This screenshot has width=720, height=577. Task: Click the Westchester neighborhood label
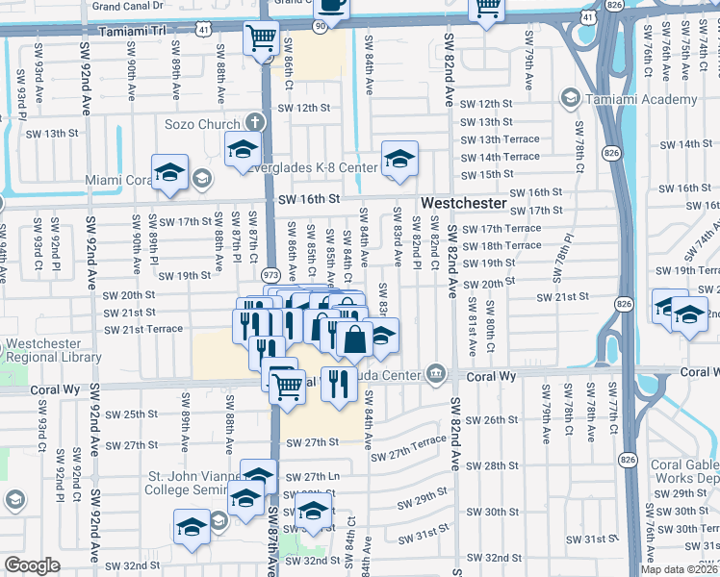(463, 204)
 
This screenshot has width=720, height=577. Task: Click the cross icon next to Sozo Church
(254, 122)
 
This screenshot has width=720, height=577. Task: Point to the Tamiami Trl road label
(130, 32)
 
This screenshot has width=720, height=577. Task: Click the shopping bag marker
(354, 339)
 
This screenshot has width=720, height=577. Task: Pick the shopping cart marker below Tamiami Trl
(261, 40)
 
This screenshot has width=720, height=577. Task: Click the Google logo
(33, 565)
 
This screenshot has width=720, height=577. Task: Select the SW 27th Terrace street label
(407, 447)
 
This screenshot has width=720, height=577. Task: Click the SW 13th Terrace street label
(500, 139)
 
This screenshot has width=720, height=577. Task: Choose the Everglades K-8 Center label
(311, 167)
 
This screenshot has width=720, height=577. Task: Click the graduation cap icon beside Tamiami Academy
(571, 98)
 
